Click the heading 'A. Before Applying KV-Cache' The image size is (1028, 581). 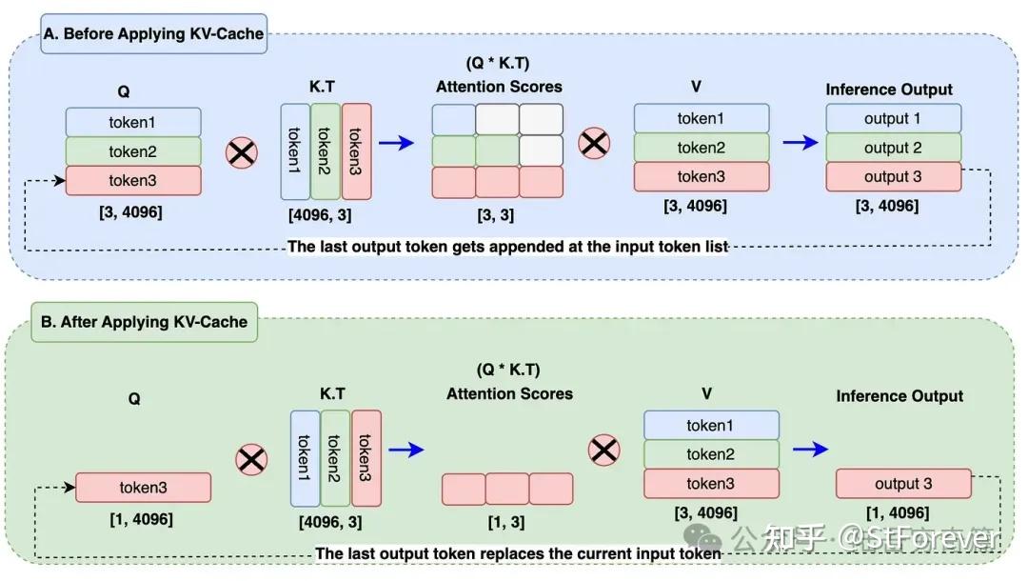tap(152, 34)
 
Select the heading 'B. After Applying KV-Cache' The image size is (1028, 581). tap(143, 322)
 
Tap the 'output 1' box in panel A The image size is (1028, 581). tap(893, 119)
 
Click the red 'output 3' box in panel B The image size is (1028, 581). tap(903, 483)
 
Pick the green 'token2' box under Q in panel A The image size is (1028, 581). tap(133, 151)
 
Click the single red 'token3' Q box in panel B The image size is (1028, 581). tap(143, 488)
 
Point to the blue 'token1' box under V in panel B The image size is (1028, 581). tap(711, 425)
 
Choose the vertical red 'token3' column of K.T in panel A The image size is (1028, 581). tap(356, 150)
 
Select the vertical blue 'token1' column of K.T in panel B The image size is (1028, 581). tap(305, 458)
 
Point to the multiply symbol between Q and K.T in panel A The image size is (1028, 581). tap(242, 152)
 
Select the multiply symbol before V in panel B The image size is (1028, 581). tap(604, 450)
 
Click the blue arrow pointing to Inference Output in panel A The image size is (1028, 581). tap(800, 143)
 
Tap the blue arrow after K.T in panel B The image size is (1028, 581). tap(406, 450)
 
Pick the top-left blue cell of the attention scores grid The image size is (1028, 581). tap(453, 119)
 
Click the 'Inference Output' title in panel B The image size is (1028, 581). tap(899, 396)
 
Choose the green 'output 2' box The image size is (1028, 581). tap(893, 149)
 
